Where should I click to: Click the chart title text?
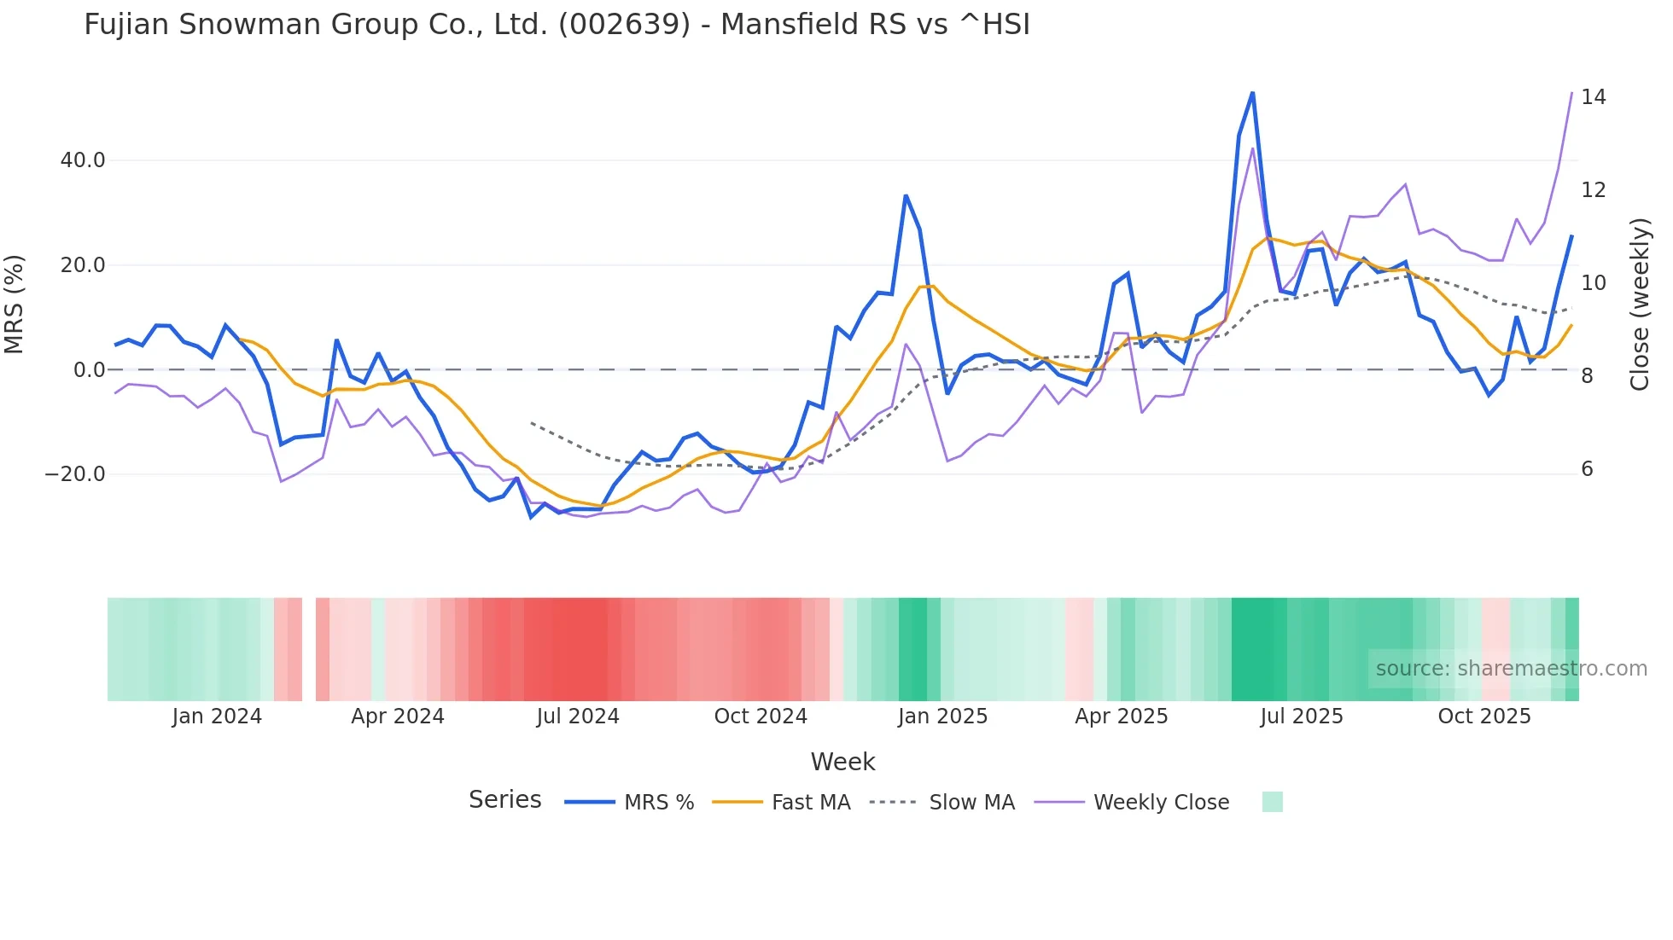(557, 25)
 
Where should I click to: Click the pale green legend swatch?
(1272, 802)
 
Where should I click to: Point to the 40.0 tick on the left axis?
(83, 160)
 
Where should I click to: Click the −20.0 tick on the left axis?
(75, 474)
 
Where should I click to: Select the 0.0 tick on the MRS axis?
(90, 370)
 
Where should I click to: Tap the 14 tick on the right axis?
(1593, 97)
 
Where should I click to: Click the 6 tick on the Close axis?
(1587, 469)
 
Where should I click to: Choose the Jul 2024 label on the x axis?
(578, 717)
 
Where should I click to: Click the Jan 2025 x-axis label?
(942, 717)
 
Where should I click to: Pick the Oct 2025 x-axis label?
(1484, 717)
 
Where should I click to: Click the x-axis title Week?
(842, 762)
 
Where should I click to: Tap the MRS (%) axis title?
(15, 304)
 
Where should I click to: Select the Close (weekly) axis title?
(1640, 305)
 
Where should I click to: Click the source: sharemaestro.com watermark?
(1511, 669)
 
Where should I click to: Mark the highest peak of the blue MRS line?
(1252, 92)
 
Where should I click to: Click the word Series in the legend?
(504, 800)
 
